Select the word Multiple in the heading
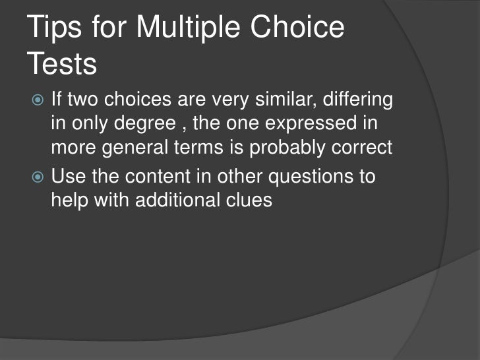click(x=193, y=29)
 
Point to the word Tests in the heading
click(x=63, y=65)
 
